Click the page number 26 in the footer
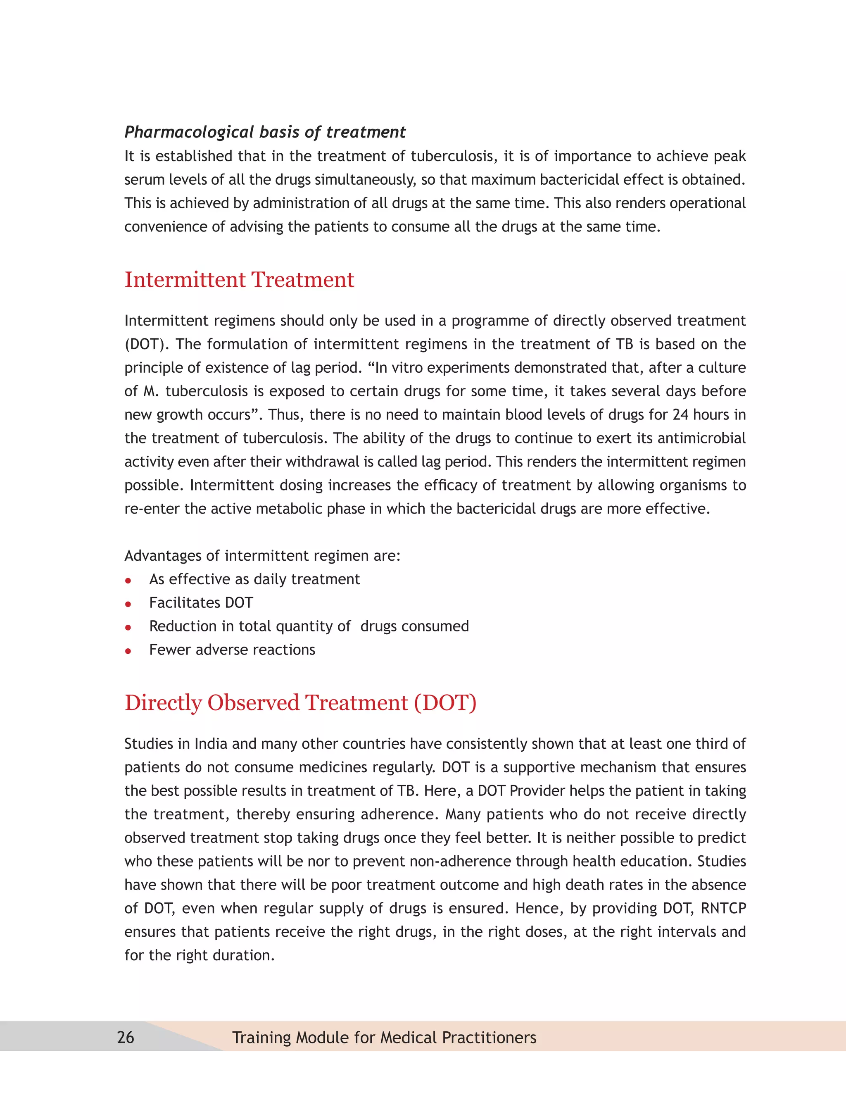(125, 1037)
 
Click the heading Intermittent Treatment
(239, 280)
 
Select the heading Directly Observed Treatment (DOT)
(300, 702)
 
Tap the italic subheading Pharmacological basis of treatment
(265, 132)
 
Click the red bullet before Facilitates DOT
(128, 604)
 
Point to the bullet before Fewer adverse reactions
(128, 651)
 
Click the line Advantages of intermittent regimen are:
(262, 555)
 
